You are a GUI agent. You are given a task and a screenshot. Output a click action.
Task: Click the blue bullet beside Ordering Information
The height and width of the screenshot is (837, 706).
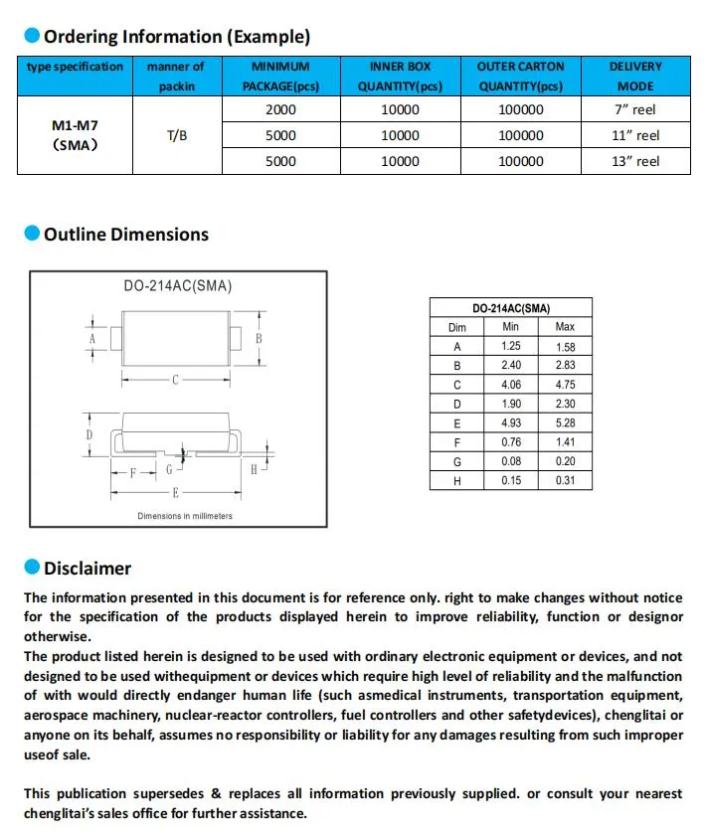(32, 37)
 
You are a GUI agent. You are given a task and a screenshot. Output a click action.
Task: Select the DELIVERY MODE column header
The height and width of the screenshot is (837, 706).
(635, 76)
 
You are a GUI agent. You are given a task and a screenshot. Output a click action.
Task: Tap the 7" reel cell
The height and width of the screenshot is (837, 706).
(635, 109)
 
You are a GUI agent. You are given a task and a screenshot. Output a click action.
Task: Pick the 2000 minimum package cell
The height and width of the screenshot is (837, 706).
(280, 109)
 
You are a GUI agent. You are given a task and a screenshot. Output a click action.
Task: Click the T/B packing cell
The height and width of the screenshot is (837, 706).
(175, 135)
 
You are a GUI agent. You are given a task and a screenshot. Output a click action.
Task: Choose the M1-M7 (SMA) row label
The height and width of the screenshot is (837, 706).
(75, 135)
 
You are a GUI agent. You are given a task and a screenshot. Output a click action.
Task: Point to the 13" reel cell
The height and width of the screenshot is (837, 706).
(635, 161)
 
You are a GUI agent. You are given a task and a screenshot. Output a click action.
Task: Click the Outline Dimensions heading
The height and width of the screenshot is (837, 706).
(126, 235)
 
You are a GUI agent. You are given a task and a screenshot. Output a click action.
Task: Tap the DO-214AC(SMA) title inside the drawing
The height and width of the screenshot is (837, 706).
(178, 285)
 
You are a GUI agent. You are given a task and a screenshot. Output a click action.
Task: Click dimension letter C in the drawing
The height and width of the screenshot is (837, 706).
(175, 379)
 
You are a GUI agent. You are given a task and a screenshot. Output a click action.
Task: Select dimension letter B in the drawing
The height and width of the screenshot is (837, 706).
(259, 338)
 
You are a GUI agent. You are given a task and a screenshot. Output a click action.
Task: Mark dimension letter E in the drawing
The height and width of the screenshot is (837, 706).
(175, 493)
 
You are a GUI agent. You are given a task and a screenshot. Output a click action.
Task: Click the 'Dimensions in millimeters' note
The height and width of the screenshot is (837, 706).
(185, 516)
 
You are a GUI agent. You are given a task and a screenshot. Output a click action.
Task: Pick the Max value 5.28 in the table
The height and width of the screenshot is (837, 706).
(565, 423)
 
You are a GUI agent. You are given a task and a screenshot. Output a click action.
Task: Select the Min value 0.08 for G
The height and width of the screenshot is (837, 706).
(511, 461)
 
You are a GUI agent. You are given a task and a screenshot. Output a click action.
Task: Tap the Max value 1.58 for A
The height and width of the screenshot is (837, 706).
(565, 347)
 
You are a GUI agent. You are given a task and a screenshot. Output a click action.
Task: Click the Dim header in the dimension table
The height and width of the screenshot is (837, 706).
(457, 327)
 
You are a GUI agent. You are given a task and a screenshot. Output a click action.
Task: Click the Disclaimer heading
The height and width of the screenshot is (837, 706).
(88, 569)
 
